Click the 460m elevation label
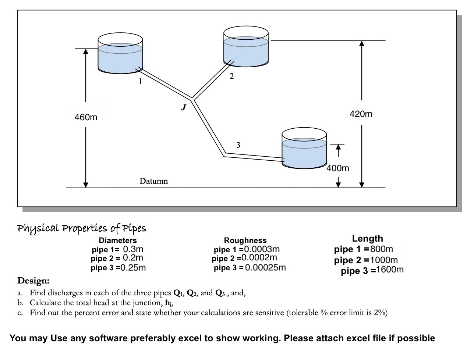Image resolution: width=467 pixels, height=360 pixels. pos(86,118)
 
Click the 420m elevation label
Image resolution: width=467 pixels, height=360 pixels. pos(361,114)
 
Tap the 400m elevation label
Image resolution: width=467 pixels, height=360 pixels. pos(338,168)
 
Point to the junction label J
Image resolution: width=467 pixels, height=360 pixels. pos(183,107)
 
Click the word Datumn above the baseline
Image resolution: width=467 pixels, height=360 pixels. pos(153,181)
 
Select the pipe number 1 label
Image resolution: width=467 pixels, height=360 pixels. pos(140,82)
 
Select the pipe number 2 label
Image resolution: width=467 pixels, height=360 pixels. pos(231,76)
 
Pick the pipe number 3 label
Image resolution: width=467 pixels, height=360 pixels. pos(238,145)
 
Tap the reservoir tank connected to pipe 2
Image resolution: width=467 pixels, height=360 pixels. pos(246,46)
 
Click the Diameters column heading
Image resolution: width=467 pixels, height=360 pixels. pos(118,240)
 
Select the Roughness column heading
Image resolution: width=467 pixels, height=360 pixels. pos(245,240)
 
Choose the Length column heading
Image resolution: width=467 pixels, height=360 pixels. pos(367,239)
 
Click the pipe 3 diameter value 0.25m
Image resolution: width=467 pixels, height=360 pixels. pos(133,268)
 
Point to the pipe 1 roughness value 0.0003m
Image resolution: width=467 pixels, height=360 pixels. pos(262,250)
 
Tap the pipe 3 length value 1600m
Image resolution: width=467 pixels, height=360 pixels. pos(390,270)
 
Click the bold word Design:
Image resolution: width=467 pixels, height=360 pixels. pos(33,281)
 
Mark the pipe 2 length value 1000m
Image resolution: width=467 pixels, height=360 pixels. pos(383,260)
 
